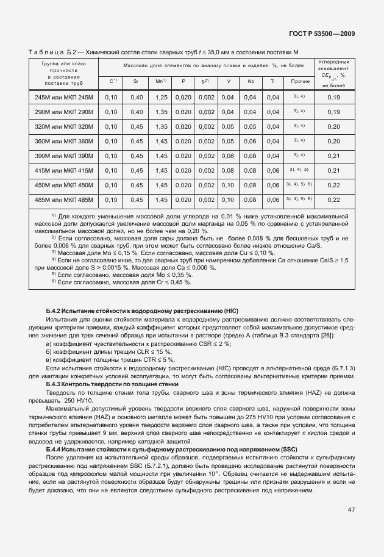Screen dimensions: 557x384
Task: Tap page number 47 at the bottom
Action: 351,510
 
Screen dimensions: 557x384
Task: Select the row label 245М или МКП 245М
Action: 64,98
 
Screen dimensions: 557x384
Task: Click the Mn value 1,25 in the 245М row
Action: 161,98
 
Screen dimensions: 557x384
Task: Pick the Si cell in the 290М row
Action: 137,112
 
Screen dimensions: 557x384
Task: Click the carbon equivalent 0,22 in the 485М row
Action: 333,199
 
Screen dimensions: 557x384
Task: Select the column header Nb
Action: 250,81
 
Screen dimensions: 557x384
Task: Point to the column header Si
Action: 137,81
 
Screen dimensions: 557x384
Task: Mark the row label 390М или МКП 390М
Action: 64,156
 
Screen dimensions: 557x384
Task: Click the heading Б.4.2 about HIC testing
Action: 142,311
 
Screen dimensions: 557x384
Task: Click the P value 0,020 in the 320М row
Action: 183,127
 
